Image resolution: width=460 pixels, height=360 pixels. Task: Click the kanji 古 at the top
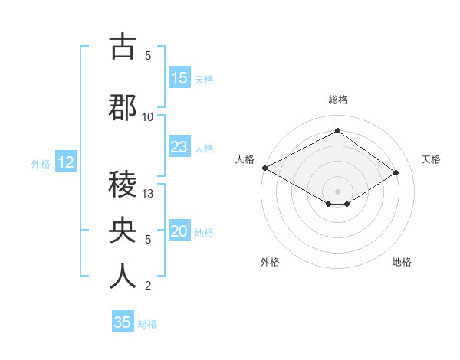(x=123, y=47)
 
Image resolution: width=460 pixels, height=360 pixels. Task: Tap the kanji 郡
(x=123, y=107)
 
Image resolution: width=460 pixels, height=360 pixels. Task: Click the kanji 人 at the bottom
(x=123, y=276)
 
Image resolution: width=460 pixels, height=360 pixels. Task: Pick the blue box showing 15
(x=179, y=78)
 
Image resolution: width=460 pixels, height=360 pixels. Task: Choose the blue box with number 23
(x=179, y=147)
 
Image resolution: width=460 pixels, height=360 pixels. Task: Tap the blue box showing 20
(x=179, y=231)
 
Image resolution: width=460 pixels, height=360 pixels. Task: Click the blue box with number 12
(x=66, y=162)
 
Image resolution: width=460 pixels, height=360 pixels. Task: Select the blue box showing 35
(x=123, y=322)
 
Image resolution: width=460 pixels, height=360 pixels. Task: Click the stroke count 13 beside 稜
(x=149, y=194)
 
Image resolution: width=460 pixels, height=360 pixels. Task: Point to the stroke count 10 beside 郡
(x=148, y=116)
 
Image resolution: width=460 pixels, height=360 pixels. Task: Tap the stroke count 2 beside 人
(x=148, y=286)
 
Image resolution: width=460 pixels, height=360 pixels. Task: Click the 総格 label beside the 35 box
(x=147, y=324)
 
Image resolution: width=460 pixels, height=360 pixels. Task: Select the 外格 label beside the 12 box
(x=41, y=163)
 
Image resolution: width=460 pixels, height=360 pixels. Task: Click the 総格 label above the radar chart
(x=337, y=100)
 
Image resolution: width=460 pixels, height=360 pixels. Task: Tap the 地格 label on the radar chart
(x=402, y=262)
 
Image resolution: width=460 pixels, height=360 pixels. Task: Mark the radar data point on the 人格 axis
(x=264, y=168)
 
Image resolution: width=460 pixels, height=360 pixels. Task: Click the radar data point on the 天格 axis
(x=396, y=172)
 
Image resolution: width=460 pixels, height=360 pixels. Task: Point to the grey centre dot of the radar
(x=337, y=191)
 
